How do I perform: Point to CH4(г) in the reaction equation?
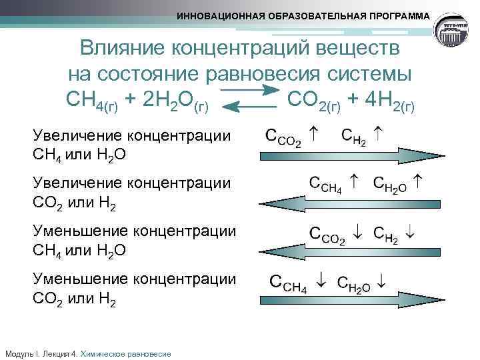pyautogui.click(x=93, y=100)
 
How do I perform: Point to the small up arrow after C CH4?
pyautogui.click(x=354, y=181)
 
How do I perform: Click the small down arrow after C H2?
pyautogui.click(x=410, y=233)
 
